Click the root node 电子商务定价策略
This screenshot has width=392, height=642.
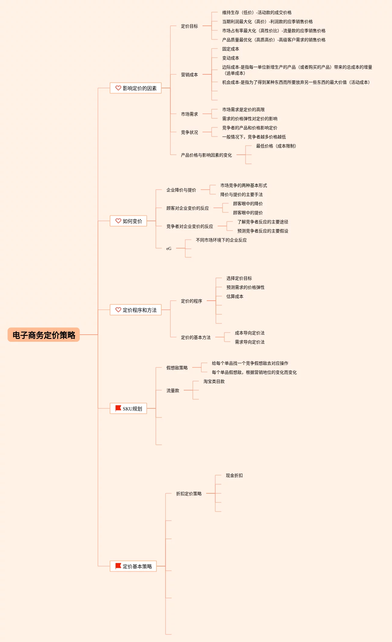pyautogui.click(x=44, y=335)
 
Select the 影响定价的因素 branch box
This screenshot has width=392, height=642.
pyautogui.click(x=136, y=88)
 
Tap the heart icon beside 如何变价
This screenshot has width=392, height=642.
pyautogui.click(x=118, y=221)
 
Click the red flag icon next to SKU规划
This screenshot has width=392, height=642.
pyautogui.click(x=118, y=408)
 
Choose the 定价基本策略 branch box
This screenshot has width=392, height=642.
pyautogui.click(x=133, y=566)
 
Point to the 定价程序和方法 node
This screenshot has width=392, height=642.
pyautogui.click(x=136, y=310)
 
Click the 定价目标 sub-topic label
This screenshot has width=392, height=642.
pyautogui.click(x=189, y=26)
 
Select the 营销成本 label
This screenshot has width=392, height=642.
pyautogui.click(x=189, y=75)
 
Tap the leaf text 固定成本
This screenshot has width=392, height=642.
pyautogui.click(x=230, y=49)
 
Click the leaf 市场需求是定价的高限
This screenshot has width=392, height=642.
pyautogui.click(x=243, y=110)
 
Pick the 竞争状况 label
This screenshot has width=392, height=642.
pyautogui.click(x=189, y=132)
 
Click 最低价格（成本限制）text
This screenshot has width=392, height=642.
pyautogui.click(x=276, y=146)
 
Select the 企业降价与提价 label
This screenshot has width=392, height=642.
pyautogui.click(x=181, y=190)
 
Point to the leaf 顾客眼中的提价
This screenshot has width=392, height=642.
pyautogui.click(x=248, y=213)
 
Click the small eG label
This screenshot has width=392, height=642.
pyautogui.click(x=169, y=249)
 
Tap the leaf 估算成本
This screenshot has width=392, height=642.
pyautogui.click(x=235, y=297)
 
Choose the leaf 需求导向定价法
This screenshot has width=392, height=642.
pyautogui.click(x=250, y=342)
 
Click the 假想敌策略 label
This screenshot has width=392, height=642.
pyautogui.click(x=177, y=368)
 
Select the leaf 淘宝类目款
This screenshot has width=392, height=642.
pyautogui.click(x=214, y=382)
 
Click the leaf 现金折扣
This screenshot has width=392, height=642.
pyautogui.click(x=234, y=476)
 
